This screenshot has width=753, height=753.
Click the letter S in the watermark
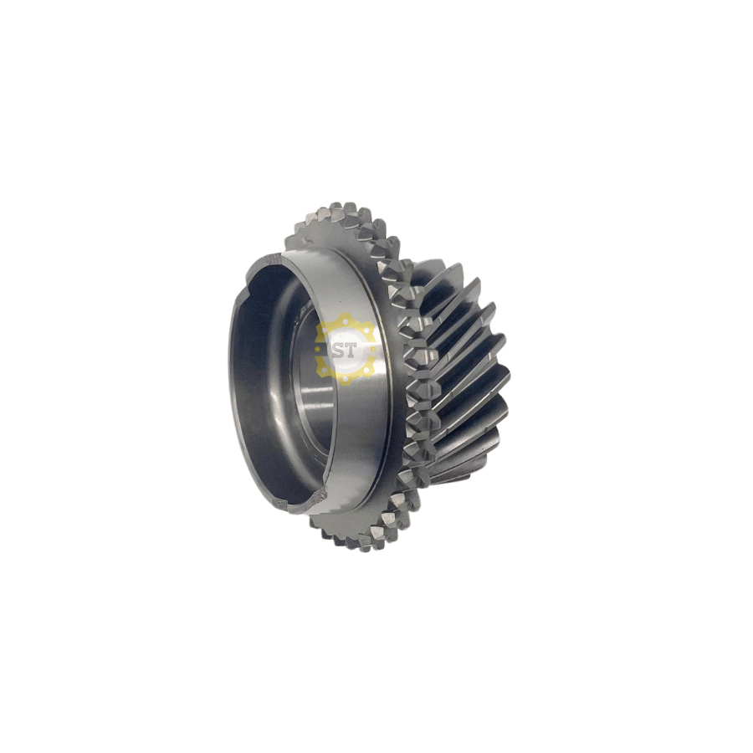[340, 350]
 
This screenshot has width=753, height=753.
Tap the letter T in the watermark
[351, 350]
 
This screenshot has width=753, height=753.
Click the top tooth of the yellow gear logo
[346, 317]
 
